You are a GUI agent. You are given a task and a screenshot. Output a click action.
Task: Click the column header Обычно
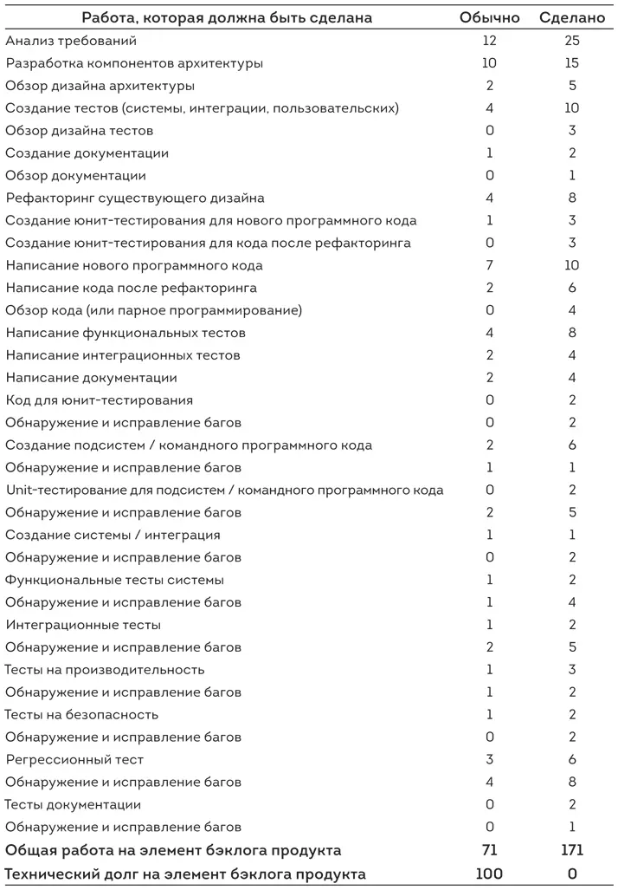pos(490,17)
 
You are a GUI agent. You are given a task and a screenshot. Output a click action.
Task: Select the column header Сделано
pos(572,17)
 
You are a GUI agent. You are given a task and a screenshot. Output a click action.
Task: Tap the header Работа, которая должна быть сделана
pos(228,17)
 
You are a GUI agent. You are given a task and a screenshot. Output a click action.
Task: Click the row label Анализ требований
pos(71,41)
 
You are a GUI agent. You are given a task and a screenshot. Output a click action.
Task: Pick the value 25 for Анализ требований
pos(572,41)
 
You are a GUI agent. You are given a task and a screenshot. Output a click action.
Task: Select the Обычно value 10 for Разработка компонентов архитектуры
pos(490,63)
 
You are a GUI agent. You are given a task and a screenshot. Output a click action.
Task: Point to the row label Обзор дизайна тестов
pos(80,131)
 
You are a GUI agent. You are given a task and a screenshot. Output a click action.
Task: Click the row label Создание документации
pos(87,153)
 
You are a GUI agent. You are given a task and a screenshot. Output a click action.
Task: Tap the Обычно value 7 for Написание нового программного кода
pos(490,265)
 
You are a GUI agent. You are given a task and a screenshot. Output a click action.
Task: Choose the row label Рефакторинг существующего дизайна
pos(135,198)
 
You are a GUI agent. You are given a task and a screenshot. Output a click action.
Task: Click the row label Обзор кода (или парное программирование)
pos(154,310)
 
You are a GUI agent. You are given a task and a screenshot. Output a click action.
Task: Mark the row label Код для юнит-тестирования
pos(100,400)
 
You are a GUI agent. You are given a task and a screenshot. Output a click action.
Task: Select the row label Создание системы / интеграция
pos(113,535)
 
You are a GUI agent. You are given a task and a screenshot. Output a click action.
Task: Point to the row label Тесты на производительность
pos(105,670)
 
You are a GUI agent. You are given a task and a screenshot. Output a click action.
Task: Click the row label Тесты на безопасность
pos(82,715)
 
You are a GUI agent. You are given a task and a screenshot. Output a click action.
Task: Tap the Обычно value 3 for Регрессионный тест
pos(490,760)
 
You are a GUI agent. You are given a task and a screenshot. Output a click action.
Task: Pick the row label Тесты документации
pos(74,805)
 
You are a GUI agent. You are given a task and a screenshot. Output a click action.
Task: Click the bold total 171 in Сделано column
pos(572,850)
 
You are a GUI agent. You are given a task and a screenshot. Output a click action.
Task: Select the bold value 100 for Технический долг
pos(490,874)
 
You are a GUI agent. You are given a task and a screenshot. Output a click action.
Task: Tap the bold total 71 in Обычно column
pos(490,850)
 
